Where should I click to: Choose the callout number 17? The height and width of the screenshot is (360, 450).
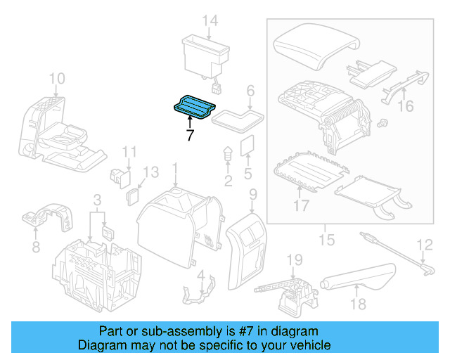tap(301, 207)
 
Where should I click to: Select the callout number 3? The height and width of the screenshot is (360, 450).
tap(98, 201)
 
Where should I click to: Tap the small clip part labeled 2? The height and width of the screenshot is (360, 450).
tap(228, 155)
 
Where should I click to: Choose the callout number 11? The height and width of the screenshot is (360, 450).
tap(129, 151)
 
